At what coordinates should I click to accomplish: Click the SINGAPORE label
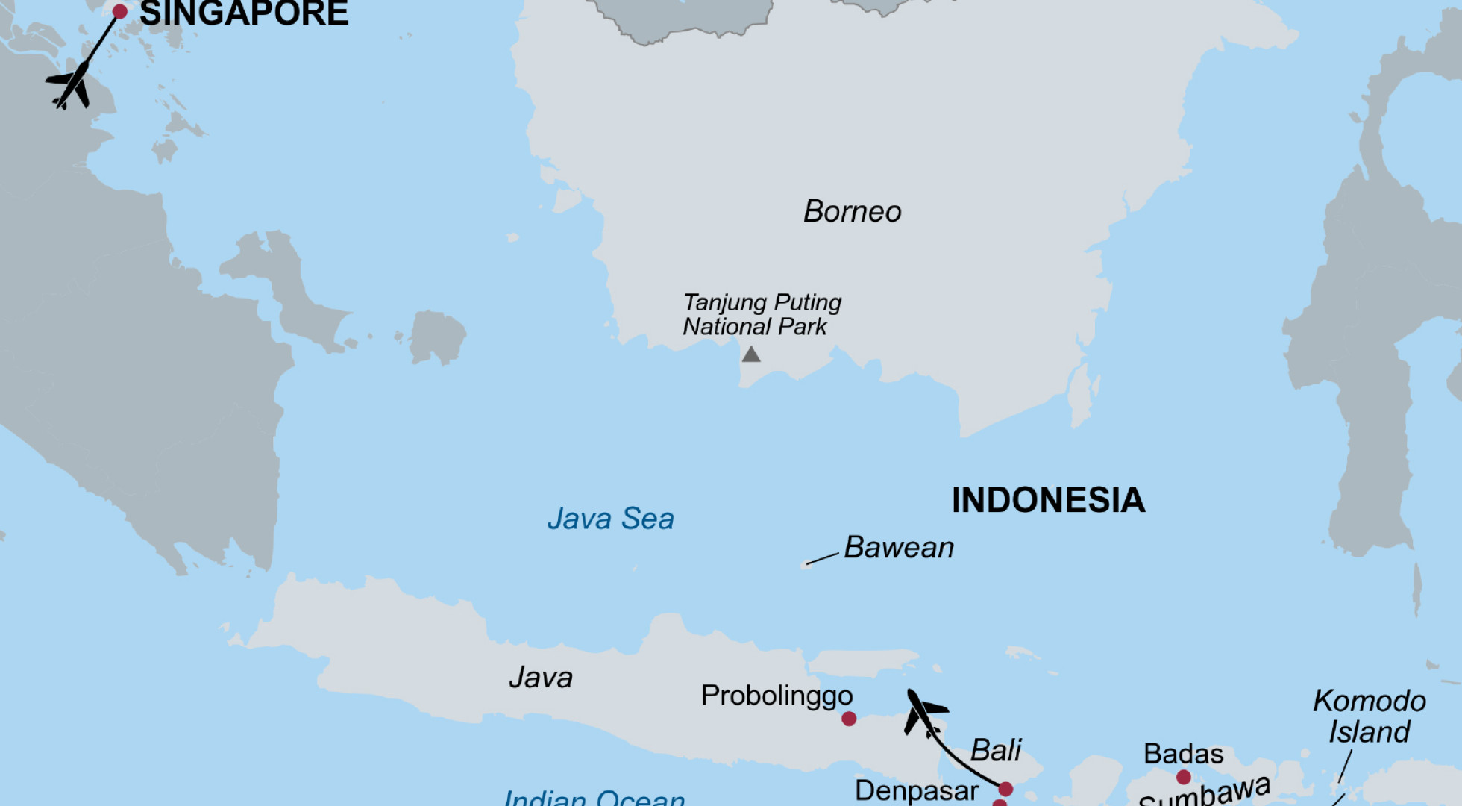click(243, 13)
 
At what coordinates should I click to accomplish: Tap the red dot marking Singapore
click(119, 11)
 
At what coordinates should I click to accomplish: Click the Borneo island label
click(852, 212)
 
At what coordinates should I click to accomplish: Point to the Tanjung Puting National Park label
click(761, 314)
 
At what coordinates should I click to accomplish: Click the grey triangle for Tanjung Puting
click(750, 354)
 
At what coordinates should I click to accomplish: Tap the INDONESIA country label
click(1047, 500)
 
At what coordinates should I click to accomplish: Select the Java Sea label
click(610, 519)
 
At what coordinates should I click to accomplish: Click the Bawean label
click(898, 548)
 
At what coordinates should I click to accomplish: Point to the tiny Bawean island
click(806, 564)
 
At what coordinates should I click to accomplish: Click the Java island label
click(540, 678)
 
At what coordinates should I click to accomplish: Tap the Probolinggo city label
click(776, 696)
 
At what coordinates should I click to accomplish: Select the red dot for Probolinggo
click(848, 719)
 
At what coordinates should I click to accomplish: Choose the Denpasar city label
click(916, 790)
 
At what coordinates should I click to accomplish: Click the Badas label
click(1183, 754)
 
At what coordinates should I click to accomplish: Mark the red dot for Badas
click(1183, 778)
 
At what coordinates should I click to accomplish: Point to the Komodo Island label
click(1369, 716)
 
